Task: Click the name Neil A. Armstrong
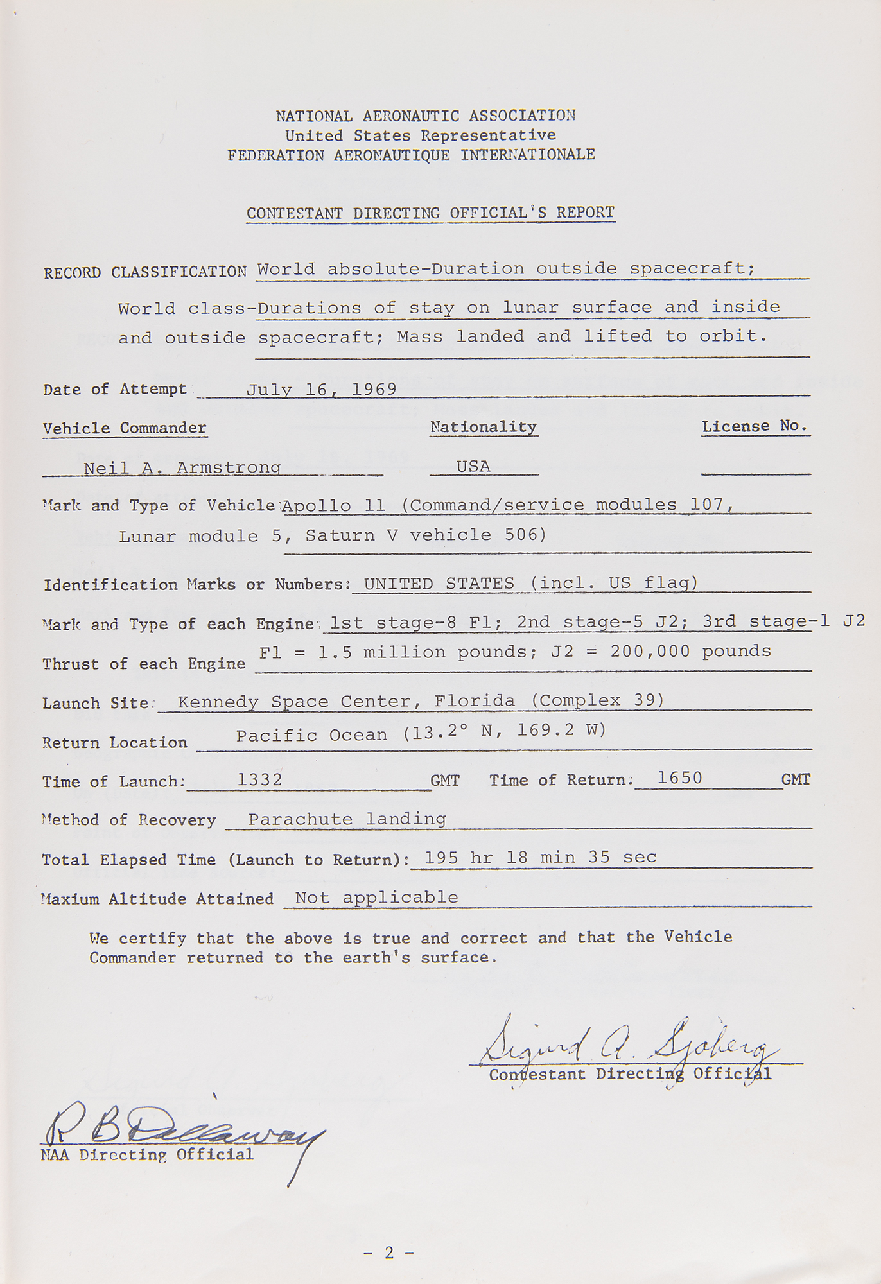(x=182, y=467)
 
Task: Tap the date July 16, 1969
(x=321, y=390)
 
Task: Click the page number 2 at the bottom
(x=388, y=1252)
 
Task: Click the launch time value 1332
(x=260, y=779)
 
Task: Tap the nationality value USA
(x=473, y=467)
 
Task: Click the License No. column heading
(x=755, y=426)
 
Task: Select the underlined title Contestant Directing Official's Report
(x=430, y=213)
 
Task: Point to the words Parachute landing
(x=347, y=819)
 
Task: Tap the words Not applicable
(x=376, y=898)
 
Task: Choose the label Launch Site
(x=96, y=703)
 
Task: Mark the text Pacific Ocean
(x=311, y=735)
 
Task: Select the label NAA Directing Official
(x=147, y=1155)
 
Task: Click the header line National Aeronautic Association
(x=425, y=116)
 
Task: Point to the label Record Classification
(x=145, y=272)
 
